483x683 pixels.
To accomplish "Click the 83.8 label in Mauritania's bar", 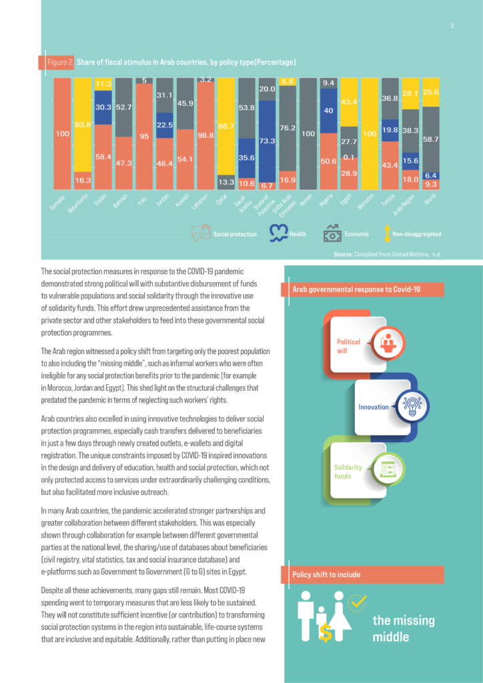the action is pos(82,125).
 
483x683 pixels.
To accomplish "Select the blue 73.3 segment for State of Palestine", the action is pos(267,141).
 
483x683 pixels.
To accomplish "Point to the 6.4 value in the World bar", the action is pos(431,175).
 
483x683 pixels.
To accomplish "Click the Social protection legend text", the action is pos(235,234).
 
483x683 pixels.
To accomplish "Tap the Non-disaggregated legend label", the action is pos(417,234).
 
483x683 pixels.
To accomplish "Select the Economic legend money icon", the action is pos(332,233).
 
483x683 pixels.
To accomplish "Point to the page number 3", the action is pos(452,26).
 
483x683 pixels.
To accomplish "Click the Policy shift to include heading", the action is pos(326,574).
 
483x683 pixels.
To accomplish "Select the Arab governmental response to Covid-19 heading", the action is pos(356,289).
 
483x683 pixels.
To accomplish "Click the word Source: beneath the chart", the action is pos(343,254).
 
